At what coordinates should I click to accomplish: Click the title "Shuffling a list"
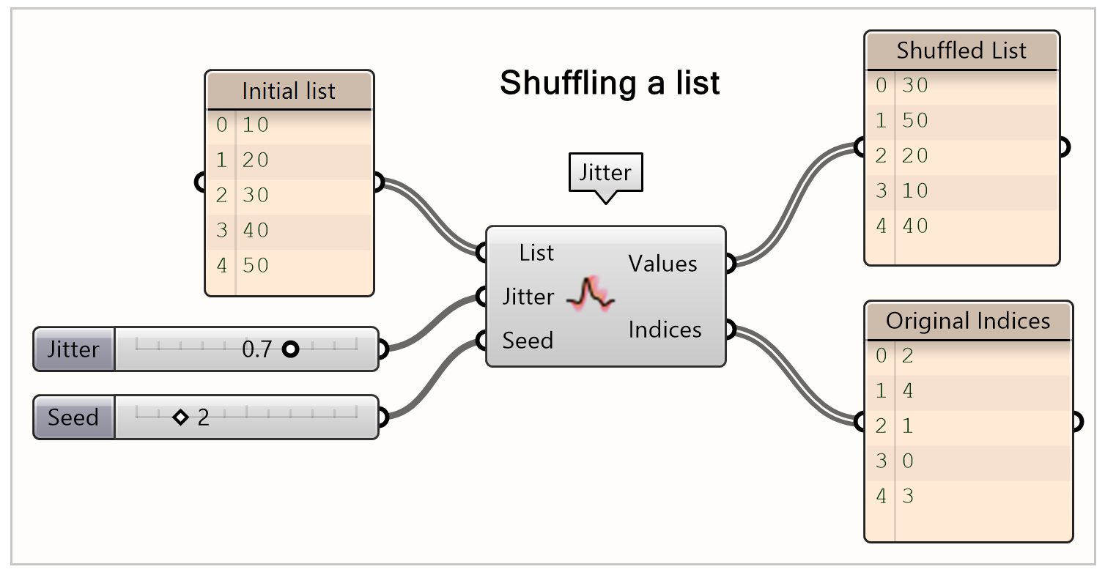610,83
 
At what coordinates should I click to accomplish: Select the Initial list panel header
289,91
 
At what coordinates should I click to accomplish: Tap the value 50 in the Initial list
256,265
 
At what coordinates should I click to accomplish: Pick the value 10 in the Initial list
256,125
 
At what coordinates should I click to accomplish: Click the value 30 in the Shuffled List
915,86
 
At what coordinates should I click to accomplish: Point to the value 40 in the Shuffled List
915,226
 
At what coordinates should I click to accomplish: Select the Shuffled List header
961,51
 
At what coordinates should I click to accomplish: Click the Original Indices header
968,321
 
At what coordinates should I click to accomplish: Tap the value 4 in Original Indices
908,391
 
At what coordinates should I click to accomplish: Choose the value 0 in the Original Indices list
908,461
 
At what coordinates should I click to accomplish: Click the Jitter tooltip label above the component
605,173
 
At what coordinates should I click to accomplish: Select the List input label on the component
536,253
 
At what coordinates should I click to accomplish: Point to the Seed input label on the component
528,341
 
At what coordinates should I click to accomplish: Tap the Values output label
663,264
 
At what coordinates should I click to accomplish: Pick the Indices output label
665,330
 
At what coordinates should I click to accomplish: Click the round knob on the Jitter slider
290,349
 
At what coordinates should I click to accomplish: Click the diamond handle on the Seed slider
180,417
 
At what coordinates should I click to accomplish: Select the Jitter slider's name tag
73,349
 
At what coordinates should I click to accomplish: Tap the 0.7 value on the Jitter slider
256,349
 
